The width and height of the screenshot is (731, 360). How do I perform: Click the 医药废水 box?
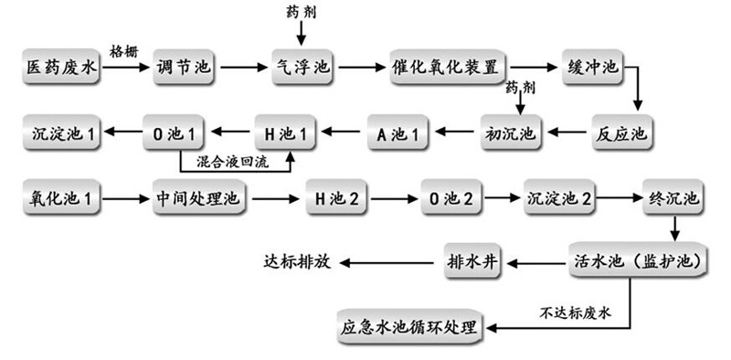(x=60, y=69)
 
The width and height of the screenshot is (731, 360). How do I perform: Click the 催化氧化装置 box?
(x=448, y=69)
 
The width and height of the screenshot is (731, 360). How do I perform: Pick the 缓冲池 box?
(x=589, y=69)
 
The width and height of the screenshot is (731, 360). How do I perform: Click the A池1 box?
(x=398, y=133)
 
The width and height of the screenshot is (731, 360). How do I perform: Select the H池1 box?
(x=284, y=133)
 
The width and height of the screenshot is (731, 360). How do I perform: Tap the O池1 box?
(x=175, y=133)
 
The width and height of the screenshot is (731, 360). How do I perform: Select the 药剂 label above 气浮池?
(x=302, y=11)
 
